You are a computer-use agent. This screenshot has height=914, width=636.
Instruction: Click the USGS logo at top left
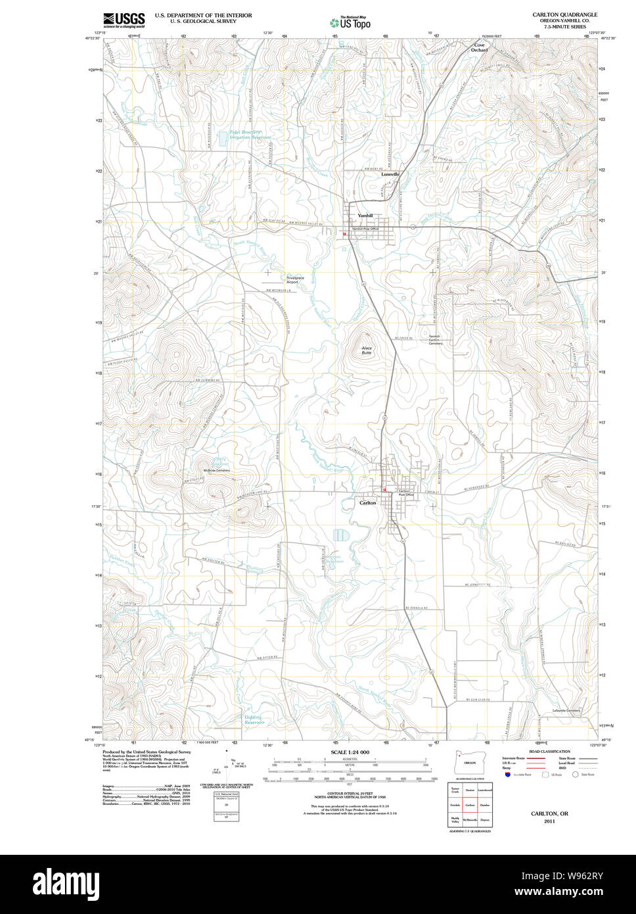click(x=124, y=20)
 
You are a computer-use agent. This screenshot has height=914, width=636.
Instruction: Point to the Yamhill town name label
click(x=365, y=216)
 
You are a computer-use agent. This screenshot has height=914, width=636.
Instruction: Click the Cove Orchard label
click(x=480, y=47)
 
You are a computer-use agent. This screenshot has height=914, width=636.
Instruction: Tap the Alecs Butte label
click(x=367, y=350)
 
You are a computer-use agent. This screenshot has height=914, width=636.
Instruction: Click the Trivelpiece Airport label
click(x=295, y=279)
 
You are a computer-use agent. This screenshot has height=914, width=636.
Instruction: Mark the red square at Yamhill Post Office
click(x=344, y=233)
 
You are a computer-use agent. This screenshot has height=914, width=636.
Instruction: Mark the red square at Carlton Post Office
click(x=384, y=489)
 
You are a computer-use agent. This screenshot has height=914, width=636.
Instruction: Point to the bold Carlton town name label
click(x=368, y=502)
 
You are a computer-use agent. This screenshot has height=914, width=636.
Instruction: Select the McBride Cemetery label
click(x=217, y=470)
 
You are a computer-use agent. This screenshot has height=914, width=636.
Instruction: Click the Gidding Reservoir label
click(x=253, y=719)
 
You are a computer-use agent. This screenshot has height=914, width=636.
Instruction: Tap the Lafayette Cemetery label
click(x=566, y=710)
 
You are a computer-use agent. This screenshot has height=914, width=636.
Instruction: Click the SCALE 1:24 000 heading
click(x=350, y=752)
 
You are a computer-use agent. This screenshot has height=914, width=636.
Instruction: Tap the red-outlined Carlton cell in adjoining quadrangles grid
click(x=470, y=804)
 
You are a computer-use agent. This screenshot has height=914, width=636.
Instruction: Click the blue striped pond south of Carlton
click(x=339, y=535)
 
